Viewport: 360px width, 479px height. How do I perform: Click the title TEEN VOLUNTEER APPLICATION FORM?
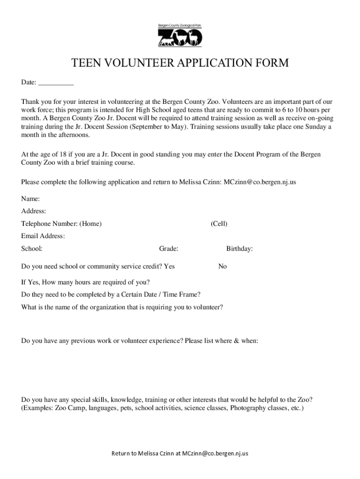(180, 63)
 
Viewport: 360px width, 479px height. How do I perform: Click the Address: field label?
(34, 211)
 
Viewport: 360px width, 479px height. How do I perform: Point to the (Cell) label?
(219, 224)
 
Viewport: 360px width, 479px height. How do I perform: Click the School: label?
(32, 249)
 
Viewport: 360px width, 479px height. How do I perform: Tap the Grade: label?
(168, 249)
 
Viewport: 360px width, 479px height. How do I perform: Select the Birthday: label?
(239, 249)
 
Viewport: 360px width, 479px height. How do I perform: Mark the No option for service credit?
(223, 267)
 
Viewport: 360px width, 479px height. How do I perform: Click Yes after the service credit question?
(169, 267)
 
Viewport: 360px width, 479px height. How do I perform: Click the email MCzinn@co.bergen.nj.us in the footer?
(215, 453)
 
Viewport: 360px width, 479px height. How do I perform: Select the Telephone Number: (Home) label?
(61, 224)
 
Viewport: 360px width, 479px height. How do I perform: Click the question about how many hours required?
(86, 283)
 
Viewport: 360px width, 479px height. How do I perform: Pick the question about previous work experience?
(139, 341)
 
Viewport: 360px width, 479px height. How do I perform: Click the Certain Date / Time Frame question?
(111, 295)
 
